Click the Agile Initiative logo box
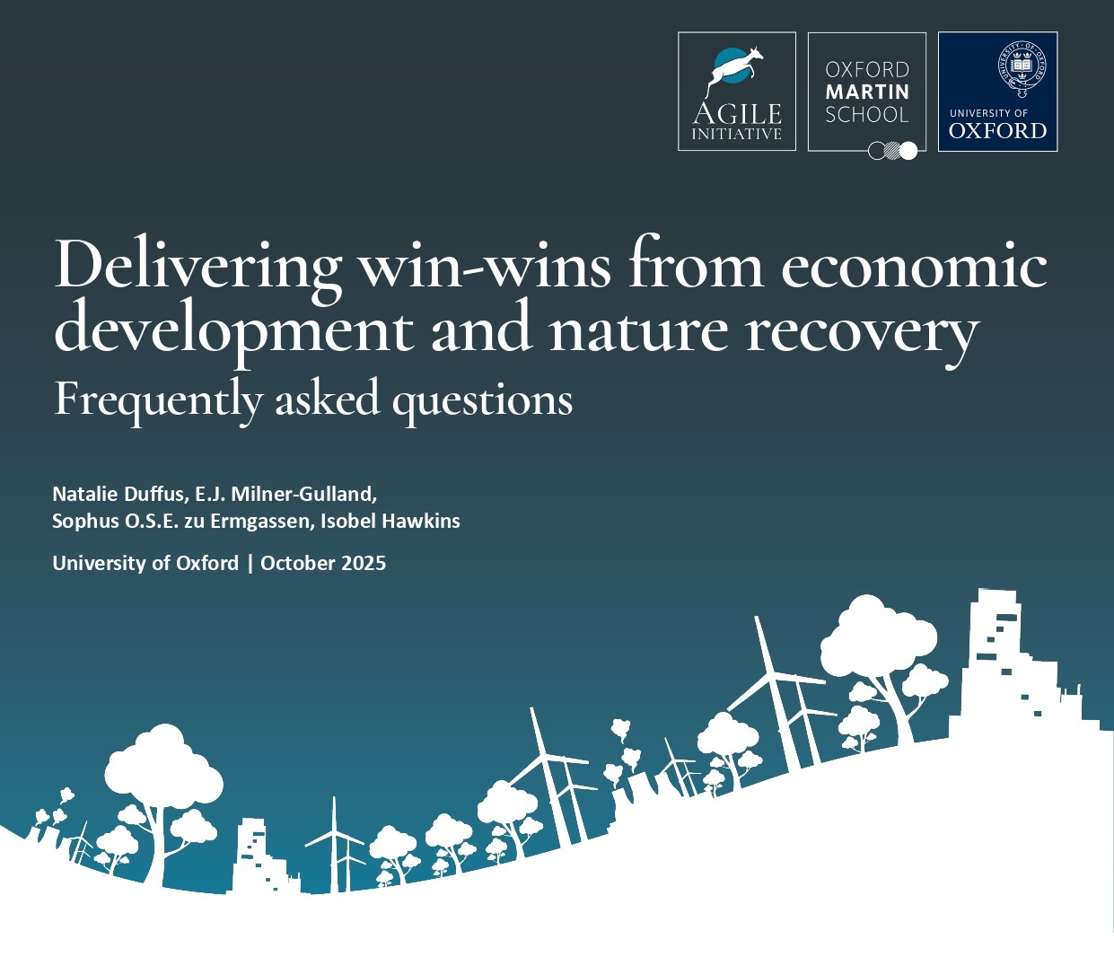click(736, 92)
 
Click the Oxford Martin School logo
click(866, 92)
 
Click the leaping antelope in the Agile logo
click(736, 68)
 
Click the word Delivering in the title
click(197, 265)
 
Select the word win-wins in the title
click(485, 265)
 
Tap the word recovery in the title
click(862, 330)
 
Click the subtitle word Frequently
click(158, 399)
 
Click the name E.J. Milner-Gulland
click(285, 494)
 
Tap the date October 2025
click(323, 563)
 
